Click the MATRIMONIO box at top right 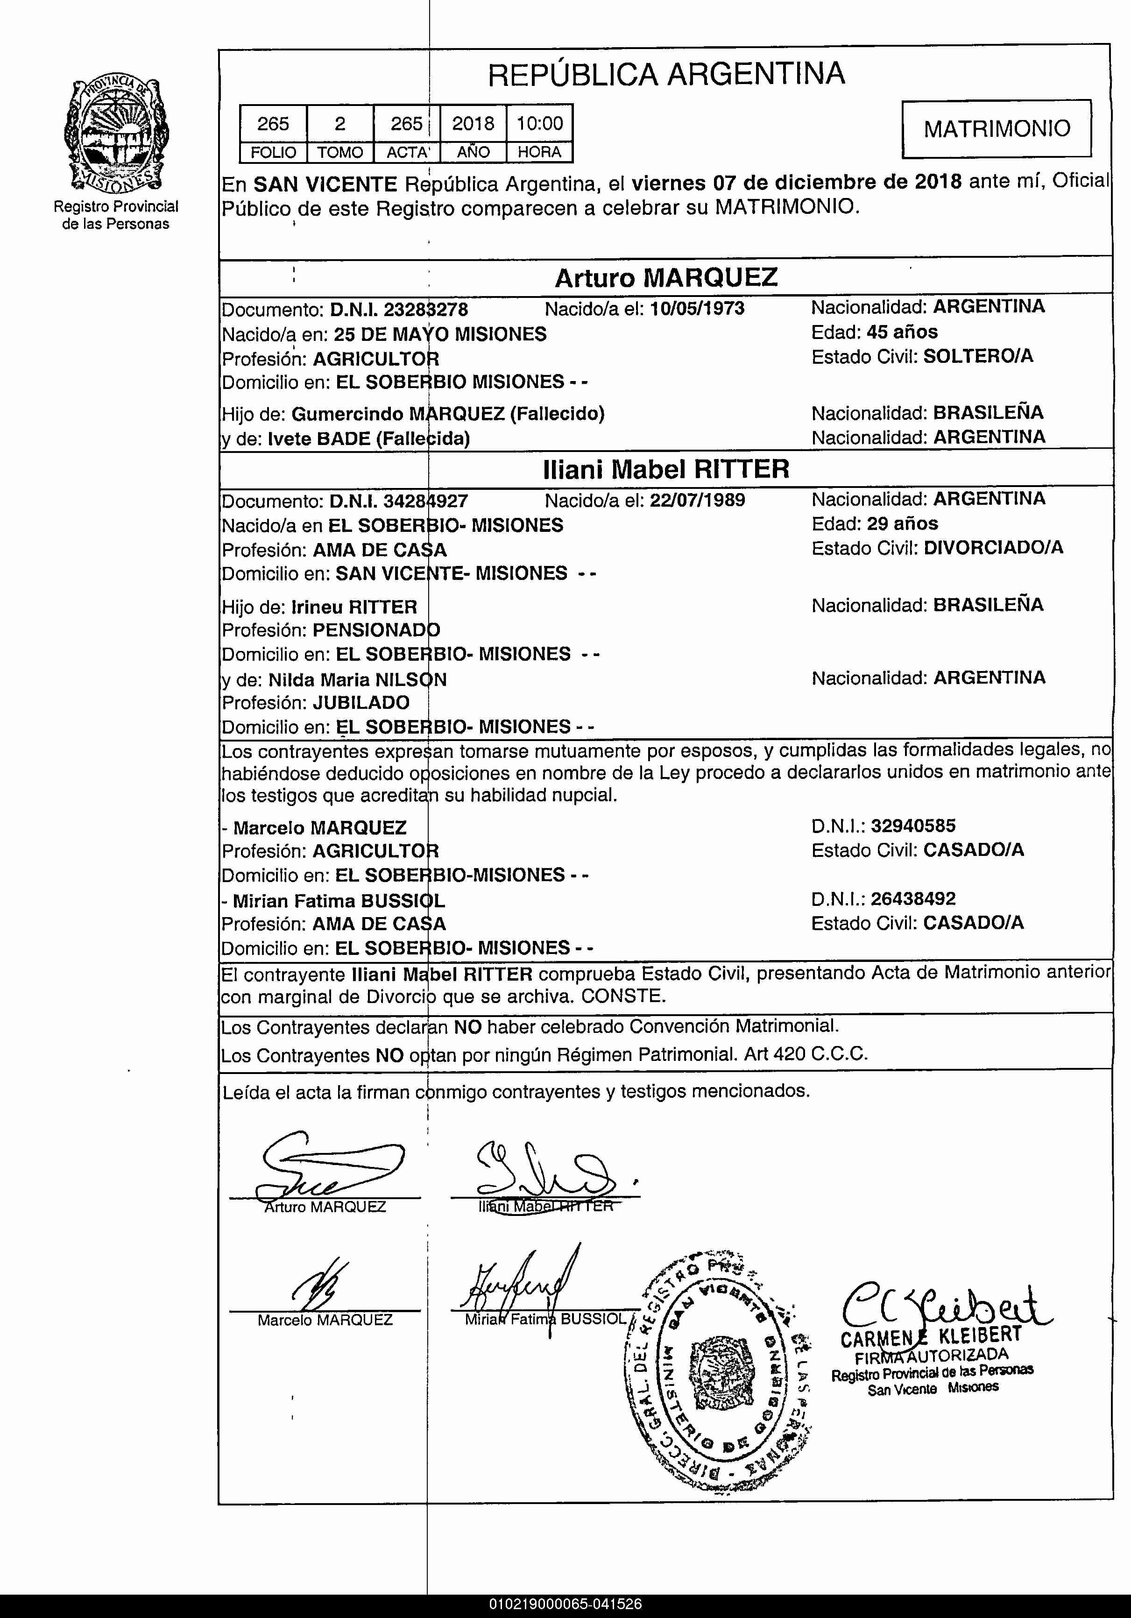tap(997, 128)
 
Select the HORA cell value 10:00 tap(540, 124)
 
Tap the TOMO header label tap(339, 152)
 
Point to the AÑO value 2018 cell tap(473, 124)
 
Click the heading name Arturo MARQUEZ tap(666, 278)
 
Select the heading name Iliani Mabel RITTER tap(666, 469)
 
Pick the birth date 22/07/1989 tap(697, 500)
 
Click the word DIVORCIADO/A tap(993, 548)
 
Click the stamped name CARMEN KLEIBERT tap(930, 1334)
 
